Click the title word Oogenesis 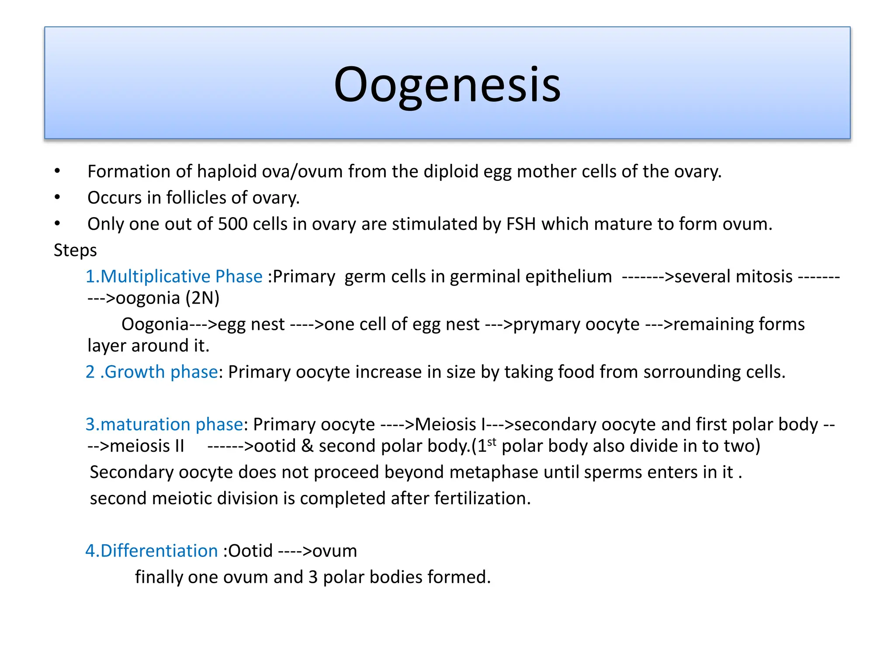(447, 85)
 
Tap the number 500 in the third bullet (232, 224)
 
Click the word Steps (75, 250)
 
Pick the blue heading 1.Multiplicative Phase (174, 277)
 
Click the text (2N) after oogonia (202, 298)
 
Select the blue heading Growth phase (161, 372)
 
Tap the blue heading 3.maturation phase (164, 425)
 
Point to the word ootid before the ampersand (275, 446)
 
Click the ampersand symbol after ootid (307, 446)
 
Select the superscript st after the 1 (492, 442)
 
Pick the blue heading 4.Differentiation (152, 551)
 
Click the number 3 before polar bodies (313, 577)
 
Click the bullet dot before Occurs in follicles (57, 197)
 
